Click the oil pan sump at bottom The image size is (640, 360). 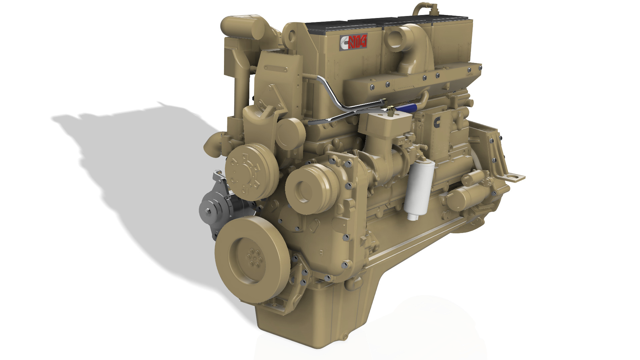point(317,320)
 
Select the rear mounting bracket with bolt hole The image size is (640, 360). point(513,177)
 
